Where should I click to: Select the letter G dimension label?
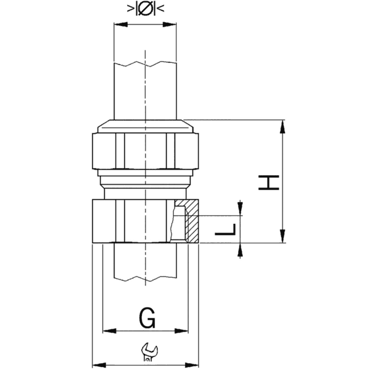[146, 319]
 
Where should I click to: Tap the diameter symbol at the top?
[145, 9]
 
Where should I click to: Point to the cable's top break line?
[145, 63]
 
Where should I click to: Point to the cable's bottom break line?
[145, 281]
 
